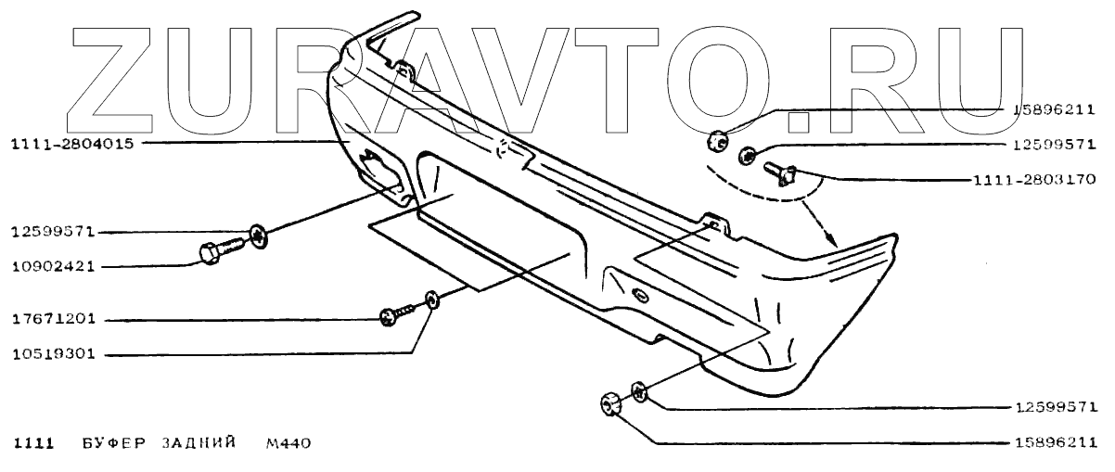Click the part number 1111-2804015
click(71, 143)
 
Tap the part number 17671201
click(54, 321)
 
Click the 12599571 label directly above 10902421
click(54, 233)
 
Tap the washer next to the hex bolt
click(260, 236)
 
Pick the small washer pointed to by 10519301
click(431, 299)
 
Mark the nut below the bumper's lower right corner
click(609, 404)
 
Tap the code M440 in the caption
click(287, 442)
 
